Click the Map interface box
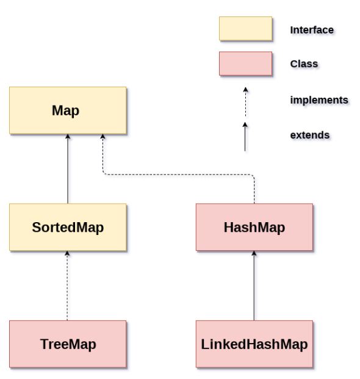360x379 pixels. click(x=68, y=110)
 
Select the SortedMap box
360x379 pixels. click(x=68, y=227)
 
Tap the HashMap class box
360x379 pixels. click(x=254, y=227)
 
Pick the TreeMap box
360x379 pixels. click(x=68, y=344)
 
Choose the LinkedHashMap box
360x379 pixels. click(x=254, y=344)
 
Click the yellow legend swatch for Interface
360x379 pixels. click(x=245, y=29)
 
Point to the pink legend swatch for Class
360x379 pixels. click(x=245, y=63)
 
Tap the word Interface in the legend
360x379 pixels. click(x=312, y=29)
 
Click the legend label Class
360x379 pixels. click(x=304, y=63)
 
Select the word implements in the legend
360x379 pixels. click(x=319, y=99)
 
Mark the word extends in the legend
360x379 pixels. click(x=310, y=134)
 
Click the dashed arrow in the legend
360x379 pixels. click(x=245, y=101)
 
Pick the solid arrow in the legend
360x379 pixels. click(x=245, y=136)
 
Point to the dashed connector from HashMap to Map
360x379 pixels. click(x=177, y=175)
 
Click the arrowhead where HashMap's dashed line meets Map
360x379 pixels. click(x=103, y=138)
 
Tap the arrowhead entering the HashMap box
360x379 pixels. click(x=254, y=254)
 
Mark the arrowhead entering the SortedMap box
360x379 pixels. click(x=68, y=254)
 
